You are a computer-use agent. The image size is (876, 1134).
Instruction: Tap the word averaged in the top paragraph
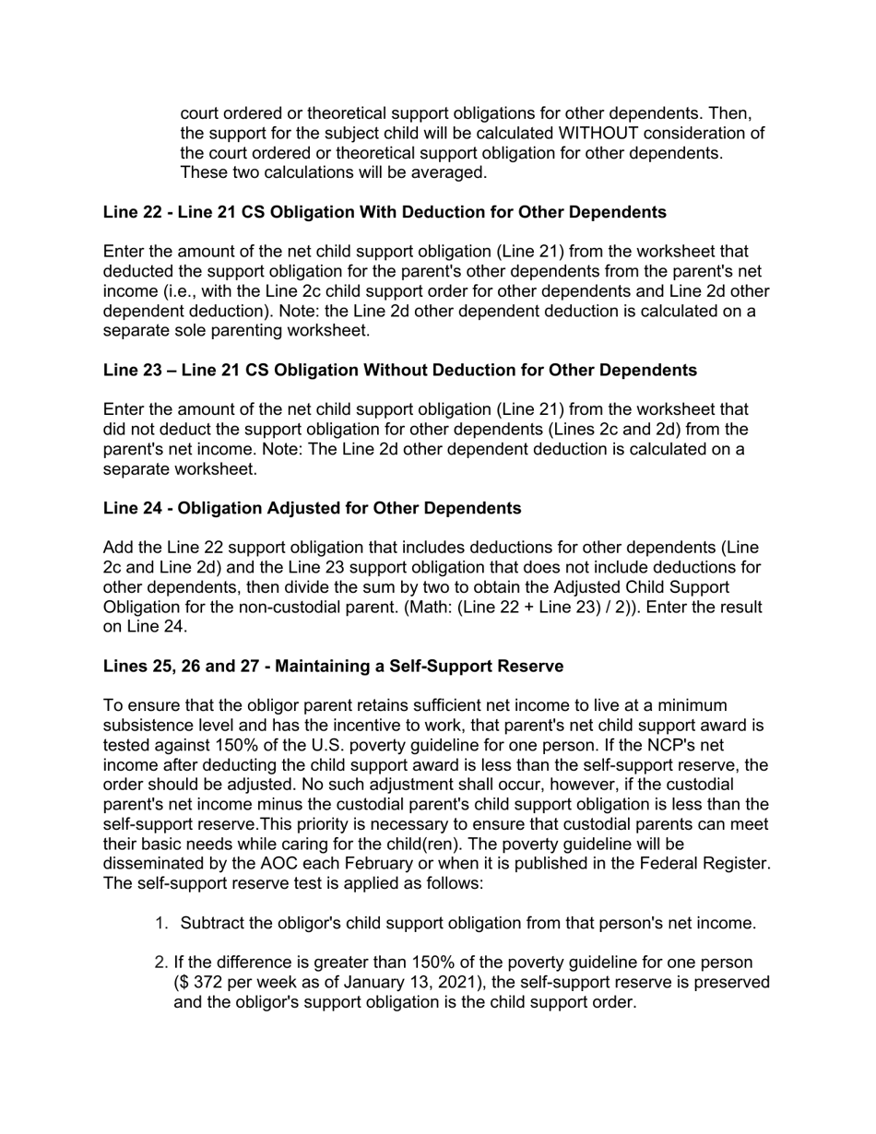[x=449, y=172]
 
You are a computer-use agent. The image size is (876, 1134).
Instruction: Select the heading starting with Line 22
[x=385, y=212]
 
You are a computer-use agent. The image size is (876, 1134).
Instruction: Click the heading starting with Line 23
[x=399, y=370]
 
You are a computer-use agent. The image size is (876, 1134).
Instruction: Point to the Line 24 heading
[x=312, y=508]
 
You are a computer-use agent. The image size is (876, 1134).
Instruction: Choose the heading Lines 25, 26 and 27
[x=333, y=666]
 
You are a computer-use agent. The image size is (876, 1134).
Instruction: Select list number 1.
[x=160, y=924]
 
